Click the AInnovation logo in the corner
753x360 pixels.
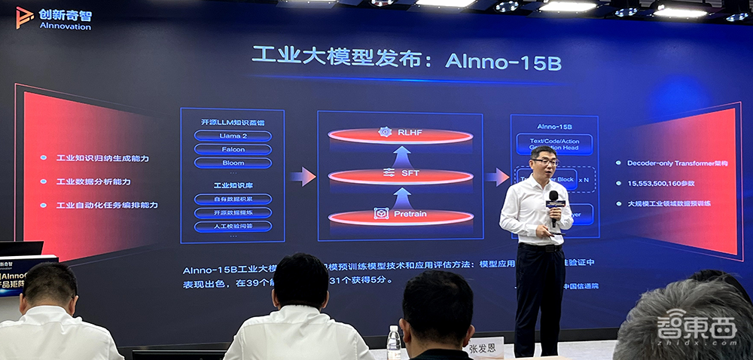(53, 18)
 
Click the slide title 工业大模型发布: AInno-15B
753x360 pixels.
(407, 60)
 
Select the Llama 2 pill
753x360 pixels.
(233, 136)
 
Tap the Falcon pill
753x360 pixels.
(233, 149)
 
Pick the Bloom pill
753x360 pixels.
(233, 163)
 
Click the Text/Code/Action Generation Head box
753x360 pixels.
(554, 143)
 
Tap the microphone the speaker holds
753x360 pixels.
(553, 201)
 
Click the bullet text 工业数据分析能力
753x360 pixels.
(93, 182)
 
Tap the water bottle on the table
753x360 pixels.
(393, 343)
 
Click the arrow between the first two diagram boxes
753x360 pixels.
(303, 177)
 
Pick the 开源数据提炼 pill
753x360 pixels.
(233, 212)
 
